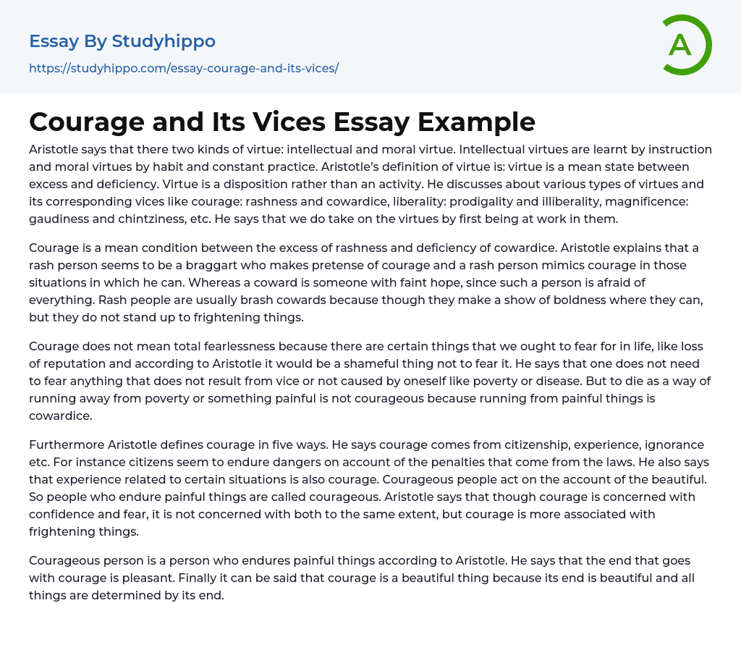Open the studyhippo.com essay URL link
184,69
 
